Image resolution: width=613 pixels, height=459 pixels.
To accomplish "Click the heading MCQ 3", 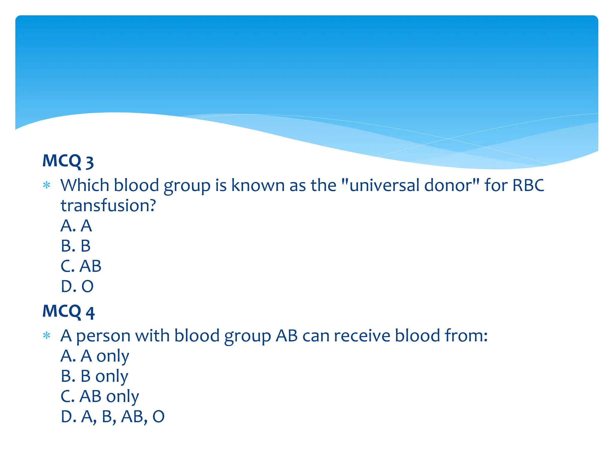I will coord(68,161).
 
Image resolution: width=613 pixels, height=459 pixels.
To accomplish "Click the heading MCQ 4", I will coord(69,312).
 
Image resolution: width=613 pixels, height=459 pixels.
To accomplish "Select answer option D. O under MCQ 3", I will coord(77,286).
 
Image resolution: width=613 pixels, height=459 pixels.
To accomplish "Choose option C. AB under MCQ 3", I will coord(81,266).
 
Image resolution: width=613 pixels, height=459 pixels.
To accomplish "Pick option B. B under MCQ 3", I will coord(75,246).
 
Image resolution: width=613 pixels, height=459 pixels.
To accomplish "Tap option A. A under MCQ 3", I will coord(76,226).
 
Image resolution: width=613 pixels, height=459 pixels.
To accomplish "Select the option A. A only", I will coord(95,356).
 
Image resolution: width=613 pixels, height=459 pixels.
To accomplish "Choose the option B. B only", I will coord(94,376).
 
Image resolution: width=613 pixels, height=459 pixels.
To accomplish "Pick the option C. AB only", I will coord(100,397).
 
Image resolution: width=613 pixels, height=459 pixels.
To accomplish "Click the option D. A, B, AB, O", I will coord(113,417).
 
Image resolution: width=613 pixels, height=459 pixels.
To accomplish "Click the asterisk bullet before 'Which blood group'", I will coord(47,186).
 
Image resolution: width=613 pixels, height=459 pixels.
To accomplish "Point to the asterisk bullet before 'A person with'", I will coord(47,336).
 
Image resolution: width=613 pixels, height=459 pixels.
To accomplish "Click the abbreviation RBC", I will coord(528,186).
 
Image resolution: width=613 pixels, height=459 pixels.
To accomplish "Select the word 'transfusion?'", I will coord(108,206).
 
